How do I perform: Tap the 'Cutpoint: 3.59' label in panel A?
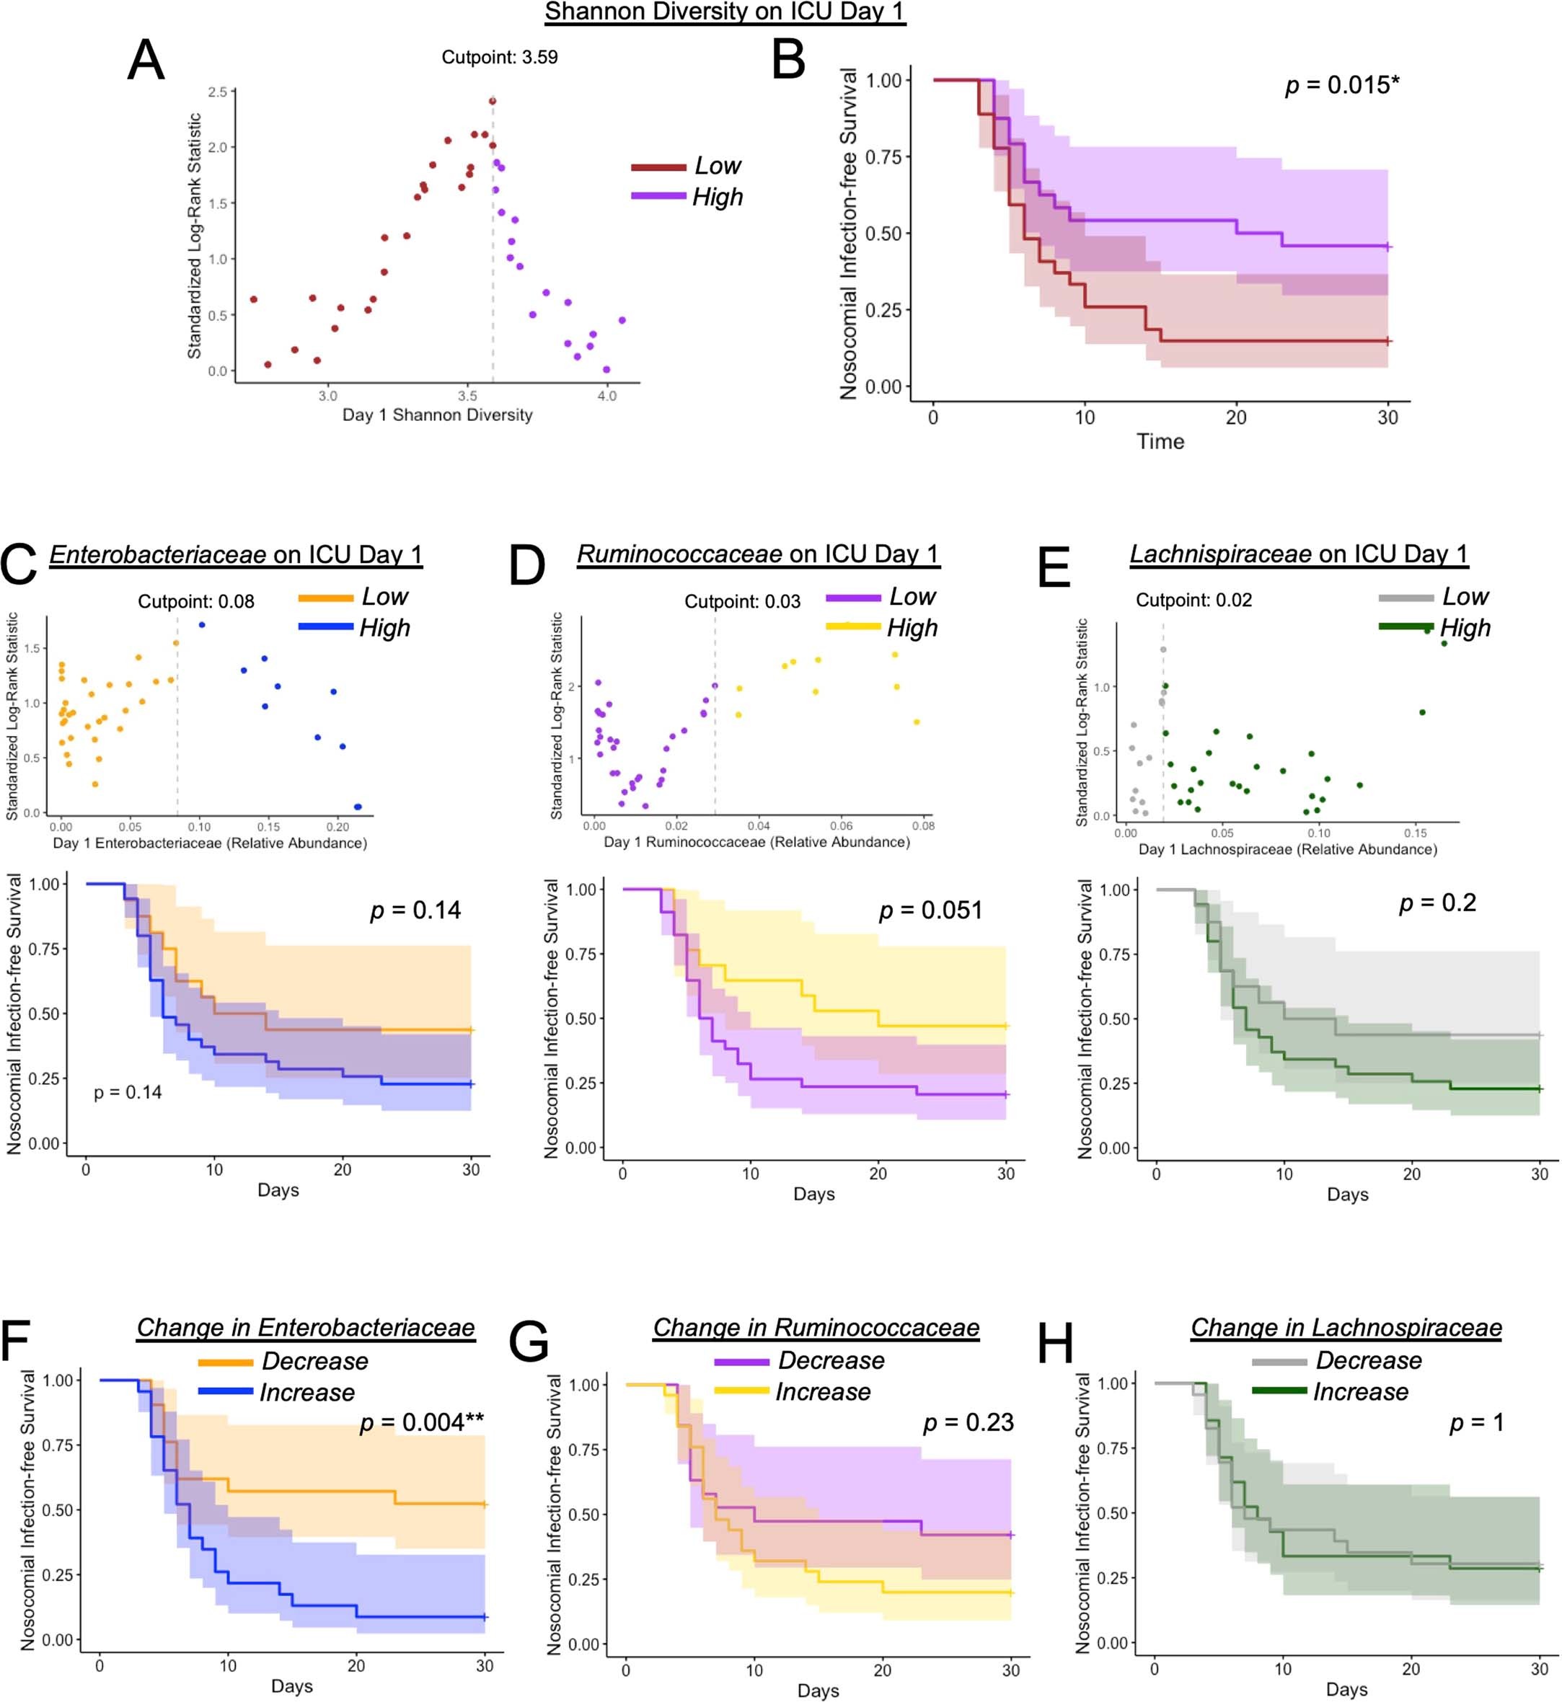(500, 58)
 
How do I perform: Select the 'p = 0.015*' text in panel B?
(1341, 84)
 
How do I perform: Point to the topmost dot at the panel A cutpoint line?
(492, 102)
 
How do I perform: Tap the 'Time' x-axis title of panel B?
(1160, 441)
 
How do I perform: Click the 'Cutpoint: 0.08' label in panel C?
(196, 602)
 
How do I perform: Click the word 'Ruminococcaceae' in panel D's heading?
(679, 554)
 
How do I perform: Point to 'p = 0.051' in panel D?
(930, 910)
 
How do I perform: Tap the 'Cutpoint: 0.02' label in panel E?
(1193, 600)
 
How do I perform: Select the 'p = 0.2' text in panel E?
(1437, 903)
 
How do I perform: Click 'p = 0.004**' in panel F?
(422, 1422)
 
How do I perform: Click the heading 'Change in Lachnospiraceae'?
(1346, 1328)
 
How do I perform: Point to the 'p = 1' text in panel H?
(1477, 1422)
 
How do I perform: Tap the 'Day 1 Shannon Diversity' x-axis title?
(437, 415)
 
